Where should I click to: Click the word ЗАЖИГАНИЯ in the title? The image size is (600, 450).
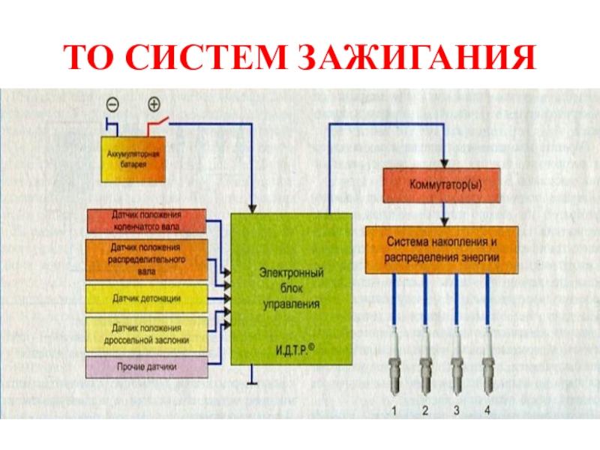click(x=418, y=58)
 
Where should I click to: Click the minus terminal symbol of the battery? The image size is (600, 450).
click(x=112, y=104)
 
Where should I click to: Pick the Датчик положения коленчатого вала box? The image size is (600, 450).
click(x=146, y=220)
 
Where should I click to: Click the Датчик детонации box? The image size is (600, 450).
click(x=146, y=298)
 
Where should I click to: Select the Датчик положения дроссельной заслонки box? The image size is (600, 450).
click(x=146, y=334)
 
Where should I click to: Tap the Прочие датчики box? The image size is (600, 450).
click(x=146, y=367)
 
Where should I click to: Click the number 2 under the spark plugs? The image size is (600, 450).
click(x=425, y=410)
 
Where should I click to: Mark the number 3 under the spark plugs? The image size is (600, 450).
click(x=457, y=410)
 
